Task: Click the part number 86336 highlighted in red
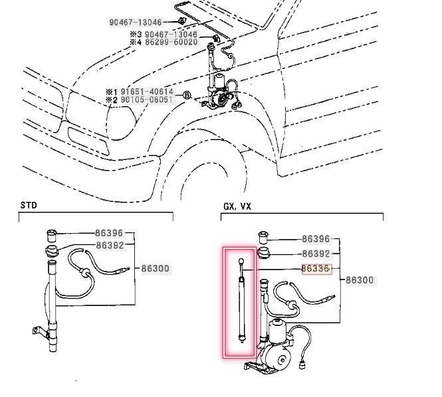pos(316,269)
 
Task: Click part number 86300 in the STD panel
pos(156,269)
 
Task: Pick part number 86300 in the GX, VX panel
pos(360,281)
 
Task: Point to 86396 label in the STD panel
pos(110,234)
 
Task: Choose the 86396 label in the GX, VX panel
pos(316,239)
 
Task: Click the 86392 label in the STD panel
pos(110,245)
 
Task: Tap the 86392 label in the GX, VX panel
pos(316,254)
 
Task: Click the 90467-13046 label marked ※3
pos(171,34)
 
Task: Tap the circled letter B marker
pos(187,96)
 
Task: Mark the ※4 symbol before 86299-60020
pos(135,42)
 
